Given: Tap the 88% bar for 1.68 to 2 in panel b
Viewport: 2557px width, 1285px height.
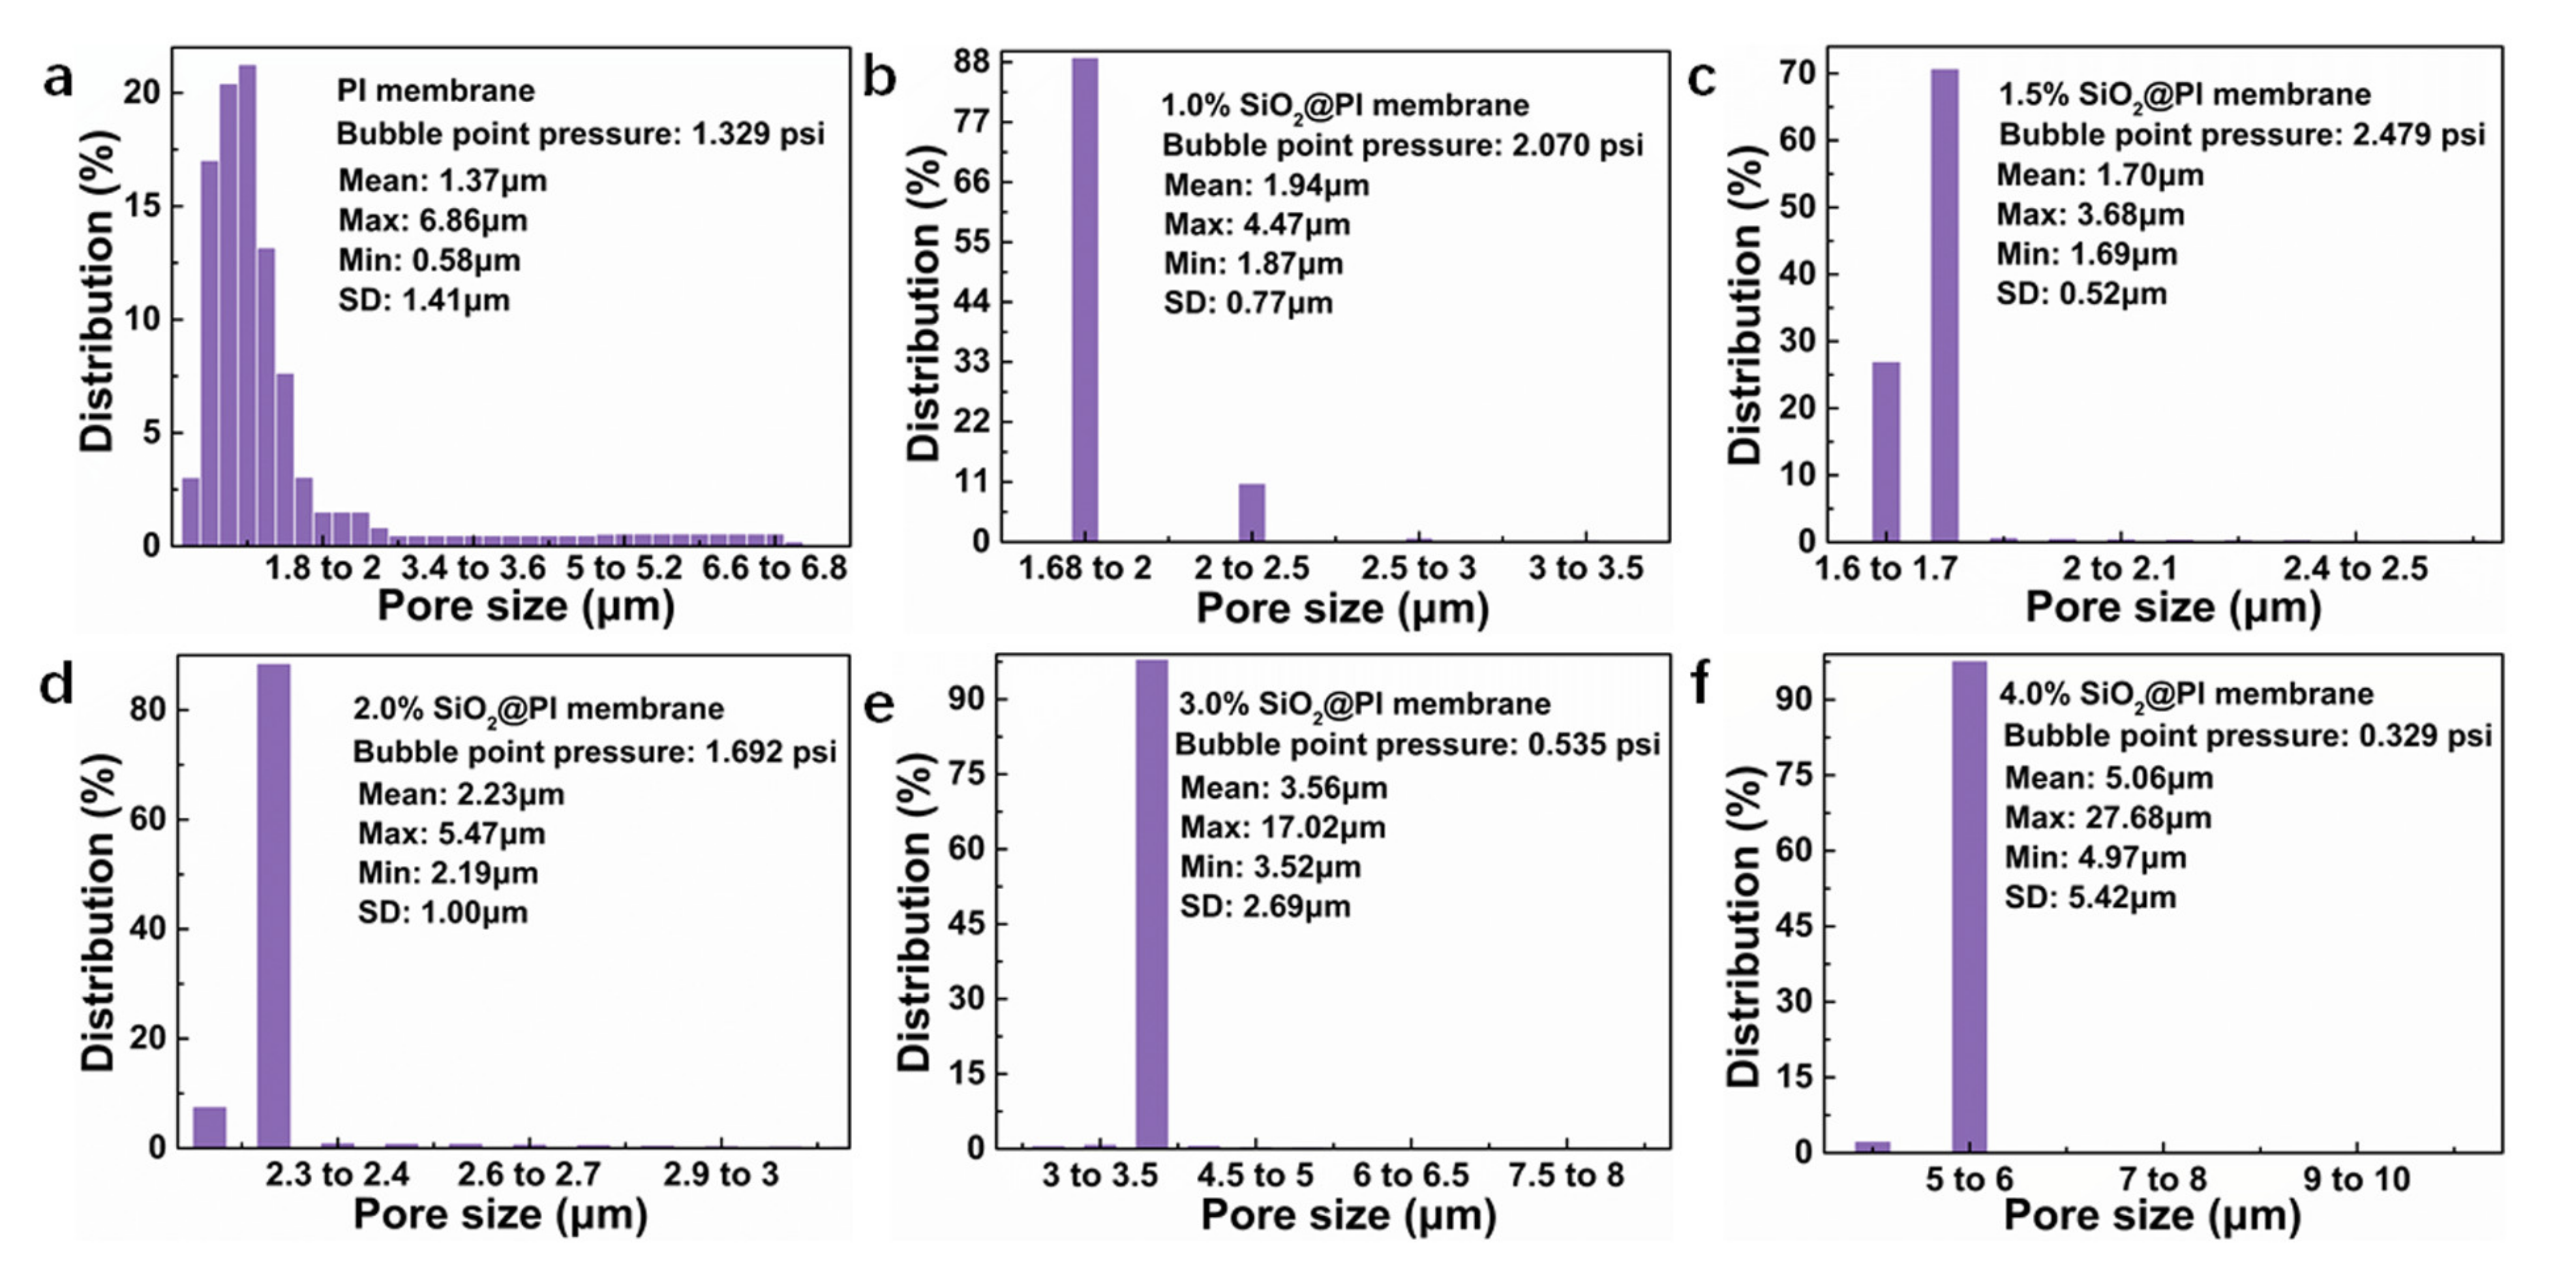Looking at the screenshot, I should click(1085, 298).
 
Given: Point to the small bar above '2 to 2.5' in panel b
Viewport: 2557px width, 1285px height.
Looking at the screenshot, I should click(1252, 512).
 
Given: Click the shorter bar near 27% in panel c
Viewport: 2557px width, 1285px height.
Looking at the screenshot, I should click(1885, 452).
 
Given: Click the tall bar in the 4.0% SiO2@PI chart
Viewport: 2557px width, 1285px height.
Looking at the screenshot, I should click(1969, 905).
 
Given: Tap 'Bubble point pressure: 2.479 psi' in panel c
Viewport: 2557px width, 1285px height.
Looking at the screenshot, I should click(2241, 134).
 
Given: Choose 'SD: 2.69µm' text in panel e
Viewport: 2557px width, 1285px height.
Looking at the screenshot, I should click(1265, 907).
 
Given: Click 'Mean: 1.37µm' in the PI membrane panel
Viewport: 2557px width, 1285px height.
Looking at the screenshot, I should click(442, 181).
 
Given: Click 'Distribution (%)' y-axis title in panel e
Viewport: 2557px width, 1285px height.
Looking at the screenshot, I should click(914, 911).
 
